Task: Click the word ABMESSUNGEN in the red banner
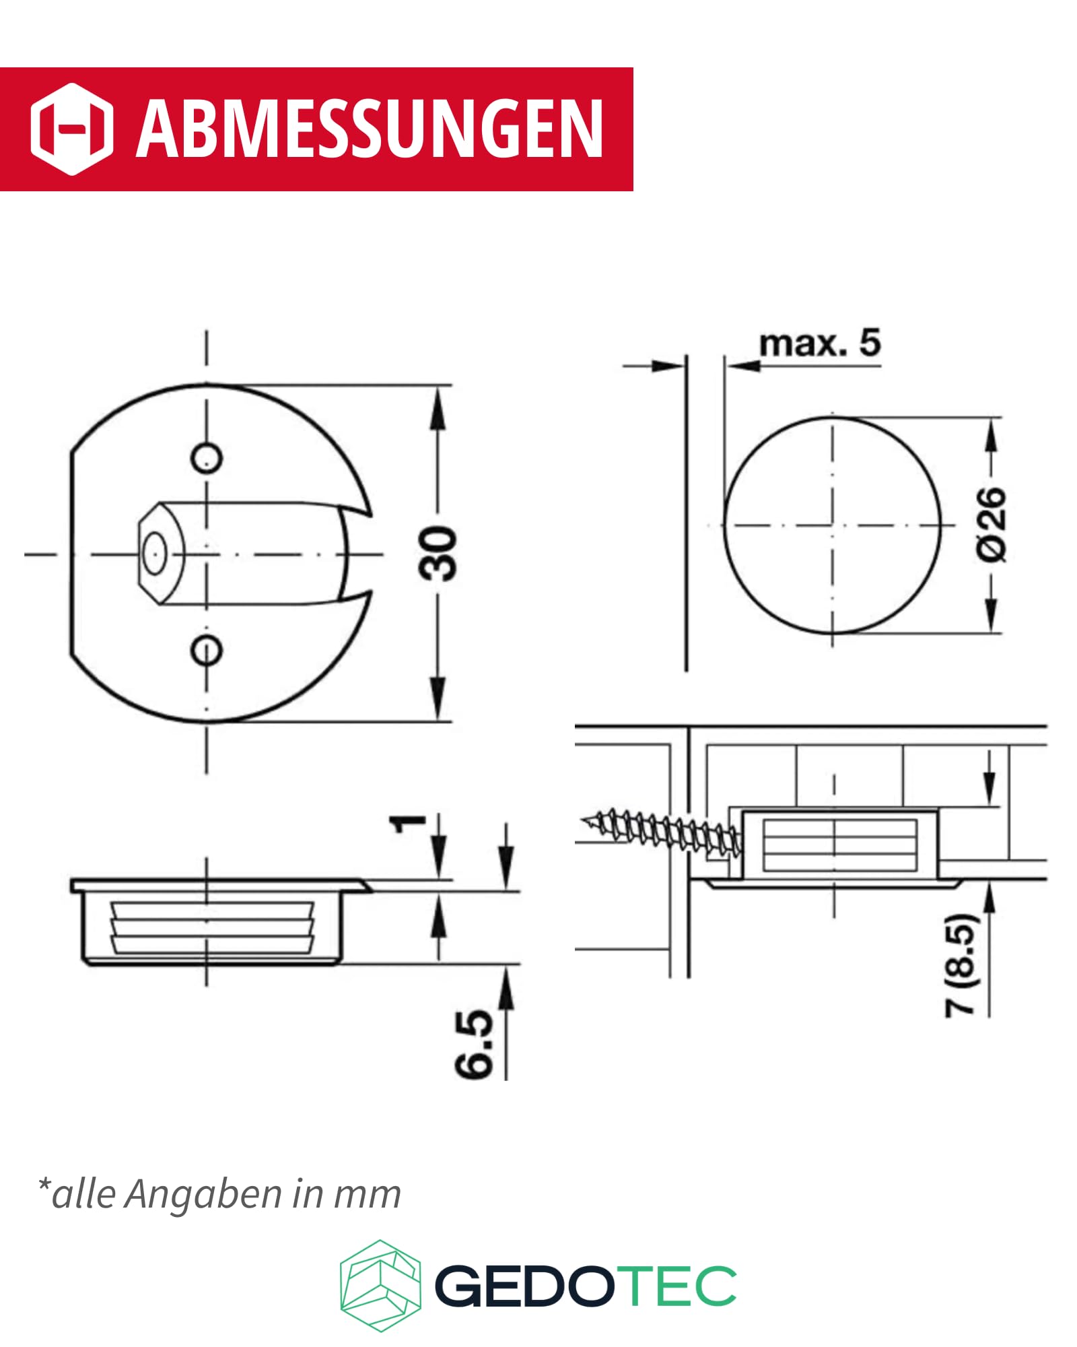pyautogui.click(x=370, y=129)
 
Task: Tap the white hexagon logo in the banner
pyautogui.click(x=71, y=129)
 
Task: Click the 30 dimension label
pyautogui.click(x=438, y=554)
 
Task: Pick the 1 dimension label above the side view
pyautogui.click(x=409, y=823)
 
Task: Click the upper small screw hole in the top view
pyautogui.click(x=206, y=459)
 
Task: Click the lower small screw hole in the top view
pyautogui.click(x=206, y=650)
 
